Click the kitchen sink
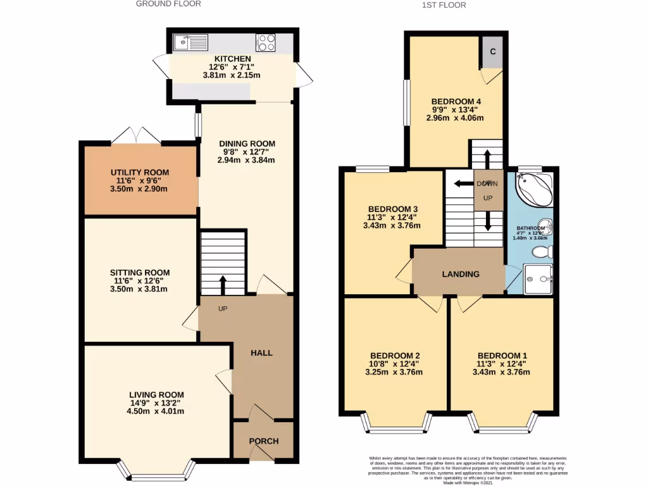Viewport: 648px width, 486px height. [190, 42]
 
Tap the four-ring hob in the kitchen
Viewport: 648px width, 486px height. [265, 42]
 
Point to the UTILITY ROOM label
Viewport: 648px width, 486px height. [140, 172]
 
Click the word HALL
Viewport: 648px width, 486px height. [261, 352]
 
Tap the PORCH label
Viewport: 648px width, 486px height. [263, 441]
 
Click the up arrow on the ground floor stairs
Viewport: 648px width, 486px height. [223, 284]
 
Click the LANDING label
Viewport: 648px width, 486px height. [460, 274]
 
